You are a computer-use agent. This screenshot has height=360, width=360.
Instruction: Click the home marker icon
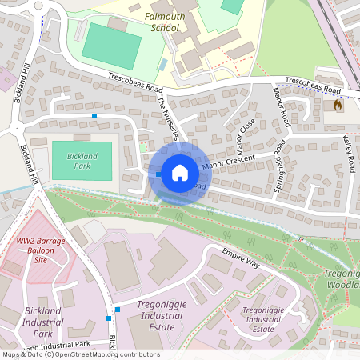click(x=180, y=172)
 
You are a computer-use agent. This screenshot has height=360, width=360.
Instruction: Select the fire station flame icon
click(x=338, y=105)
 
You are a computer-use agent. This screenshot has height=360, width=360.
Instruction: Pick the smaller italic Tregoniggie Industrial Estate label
click(x=262, y=318)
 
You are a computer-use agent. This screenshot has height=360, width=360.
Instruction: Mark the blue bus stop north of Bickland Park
click(x=94, y=117)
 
